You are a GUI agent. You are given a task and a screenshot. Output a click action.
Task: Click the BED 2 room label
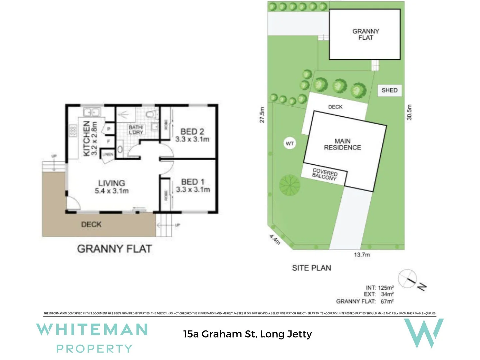point(192,132)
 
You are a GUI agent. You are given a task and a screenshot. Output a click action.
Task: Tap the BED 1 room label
point(193,182)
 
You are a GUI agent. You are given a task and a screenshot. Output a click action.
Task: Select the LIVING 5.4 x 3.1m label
point(112,187)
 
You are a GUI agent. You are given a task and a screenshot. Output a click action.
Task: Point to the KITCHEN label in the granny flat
point(86,138)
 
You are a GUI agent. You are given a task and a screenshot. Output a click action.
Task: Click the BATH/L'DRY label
point(136,130)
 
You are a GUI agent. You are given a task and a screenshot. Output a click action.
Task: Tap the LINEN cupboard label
point(108,154)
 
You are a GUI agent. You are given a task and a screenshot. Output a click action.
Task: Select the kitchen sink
point(91,112)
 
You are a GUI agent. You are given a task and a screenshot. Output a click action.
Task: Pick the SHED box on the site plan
point(389,90)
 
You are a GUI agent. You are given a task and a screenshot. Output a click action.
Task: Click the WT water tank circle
point(290,144)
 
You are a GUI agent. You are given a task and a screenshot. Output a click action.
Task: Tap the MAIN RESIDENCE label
point(342,144)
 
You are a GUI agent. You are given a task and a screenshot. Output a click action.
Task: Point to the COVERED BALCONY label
point(324,174)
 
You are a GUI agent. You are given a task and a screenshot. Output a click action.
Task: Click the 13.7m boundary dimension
point(362,255)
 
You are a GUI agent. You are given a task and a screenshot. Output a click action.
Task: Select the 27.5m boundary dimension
point(262,115)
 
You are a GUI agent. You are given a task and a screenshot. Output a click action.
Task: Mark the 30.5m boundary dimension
point(409,112)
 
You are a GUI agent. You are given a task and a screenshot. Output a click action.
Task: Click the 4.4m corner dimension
point(275,239)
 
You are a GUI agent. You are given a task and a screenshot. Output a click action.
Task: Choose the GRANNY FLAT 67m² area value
point(387,301)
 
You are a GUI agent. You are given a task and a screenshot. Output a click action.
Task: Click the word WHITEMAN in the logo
point(92,330)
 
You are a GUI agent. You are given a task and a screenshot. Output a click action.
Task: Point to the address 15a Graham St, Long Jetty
point(247,334)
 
